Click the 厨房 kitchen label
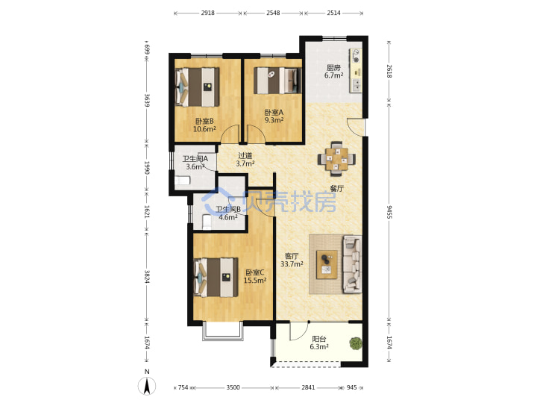pos(333,72)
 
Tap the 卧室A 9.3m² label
pos(274,116)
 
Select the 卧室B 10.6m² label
pos(204,125)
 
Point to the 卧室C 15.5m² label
pos(255,276)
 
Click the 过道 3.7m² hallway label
pos(245,160)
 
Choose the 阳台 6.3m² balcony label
pos(319,343)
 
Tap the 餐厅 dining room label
pos(336,188)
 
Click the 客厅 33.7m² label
pos(292,260)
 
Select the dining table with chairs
pos(336,159)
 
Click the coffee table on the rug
pos(327,264)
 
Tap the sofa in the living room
pos(352,264)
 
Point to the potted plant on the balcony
pos(356,343)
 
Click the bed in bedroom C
pos(216,278)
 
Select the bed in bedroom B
pos(197,87)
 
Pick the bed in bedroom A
pos(277,81)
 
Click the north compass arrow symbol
pos(147,386)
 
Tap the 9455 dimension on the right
pos(389,212)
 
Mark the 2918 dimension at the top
pos(207,13)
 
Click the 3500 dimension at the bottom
pos(233,387)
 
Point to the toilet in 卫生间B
pos(207,222)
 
